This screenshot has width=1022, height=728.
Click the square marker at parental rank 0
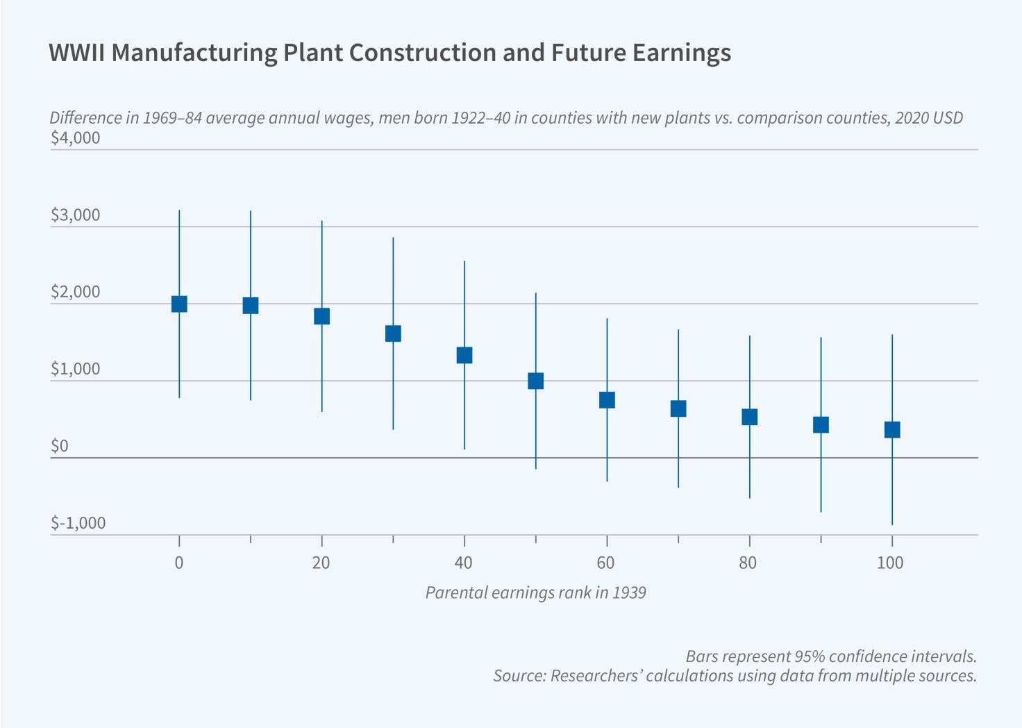click(x=179, y=304)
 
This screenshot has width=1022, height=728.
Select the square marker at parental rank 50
click(x=535, y=381)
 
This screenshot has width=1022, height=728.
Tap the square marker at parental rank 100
click(x=892, y=430)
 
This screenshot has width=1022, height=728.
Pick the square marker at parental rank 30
click(x=393, y=334)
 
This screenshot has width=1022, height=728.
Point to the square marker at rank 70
click(x=678, y=408)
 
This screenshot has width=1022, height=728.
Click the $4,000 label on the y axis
click(x=75, y=138)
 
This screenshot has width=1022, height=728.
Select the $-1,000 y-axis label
click(x=78, y=523)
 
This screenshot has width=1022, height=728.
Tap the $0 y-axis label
click(x=60, y=446)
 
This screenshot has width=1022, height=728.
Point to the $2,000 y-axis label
click(x=75, y=292)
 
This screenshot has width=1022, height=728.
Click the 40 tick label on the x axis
click(x=463, y=563)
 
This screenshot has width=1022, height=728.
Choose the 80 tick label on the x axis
click(x=748, y=563)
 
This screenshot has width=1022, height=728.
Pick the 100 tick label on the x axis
click(x=890, y=563)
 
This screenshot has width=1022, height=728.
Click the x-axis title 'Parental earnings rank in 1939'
click(x=535, y=593)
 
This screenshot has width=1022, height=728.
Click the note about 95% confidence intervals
click(x=831, y=656)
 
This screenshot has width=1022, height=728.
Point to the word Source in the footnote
click(x=518, y=676)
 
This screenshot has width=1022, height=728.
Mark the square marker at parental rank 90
click(x=821, y=424)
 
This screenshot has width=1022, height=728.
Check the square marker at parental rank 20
click(x=321, y=317)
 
